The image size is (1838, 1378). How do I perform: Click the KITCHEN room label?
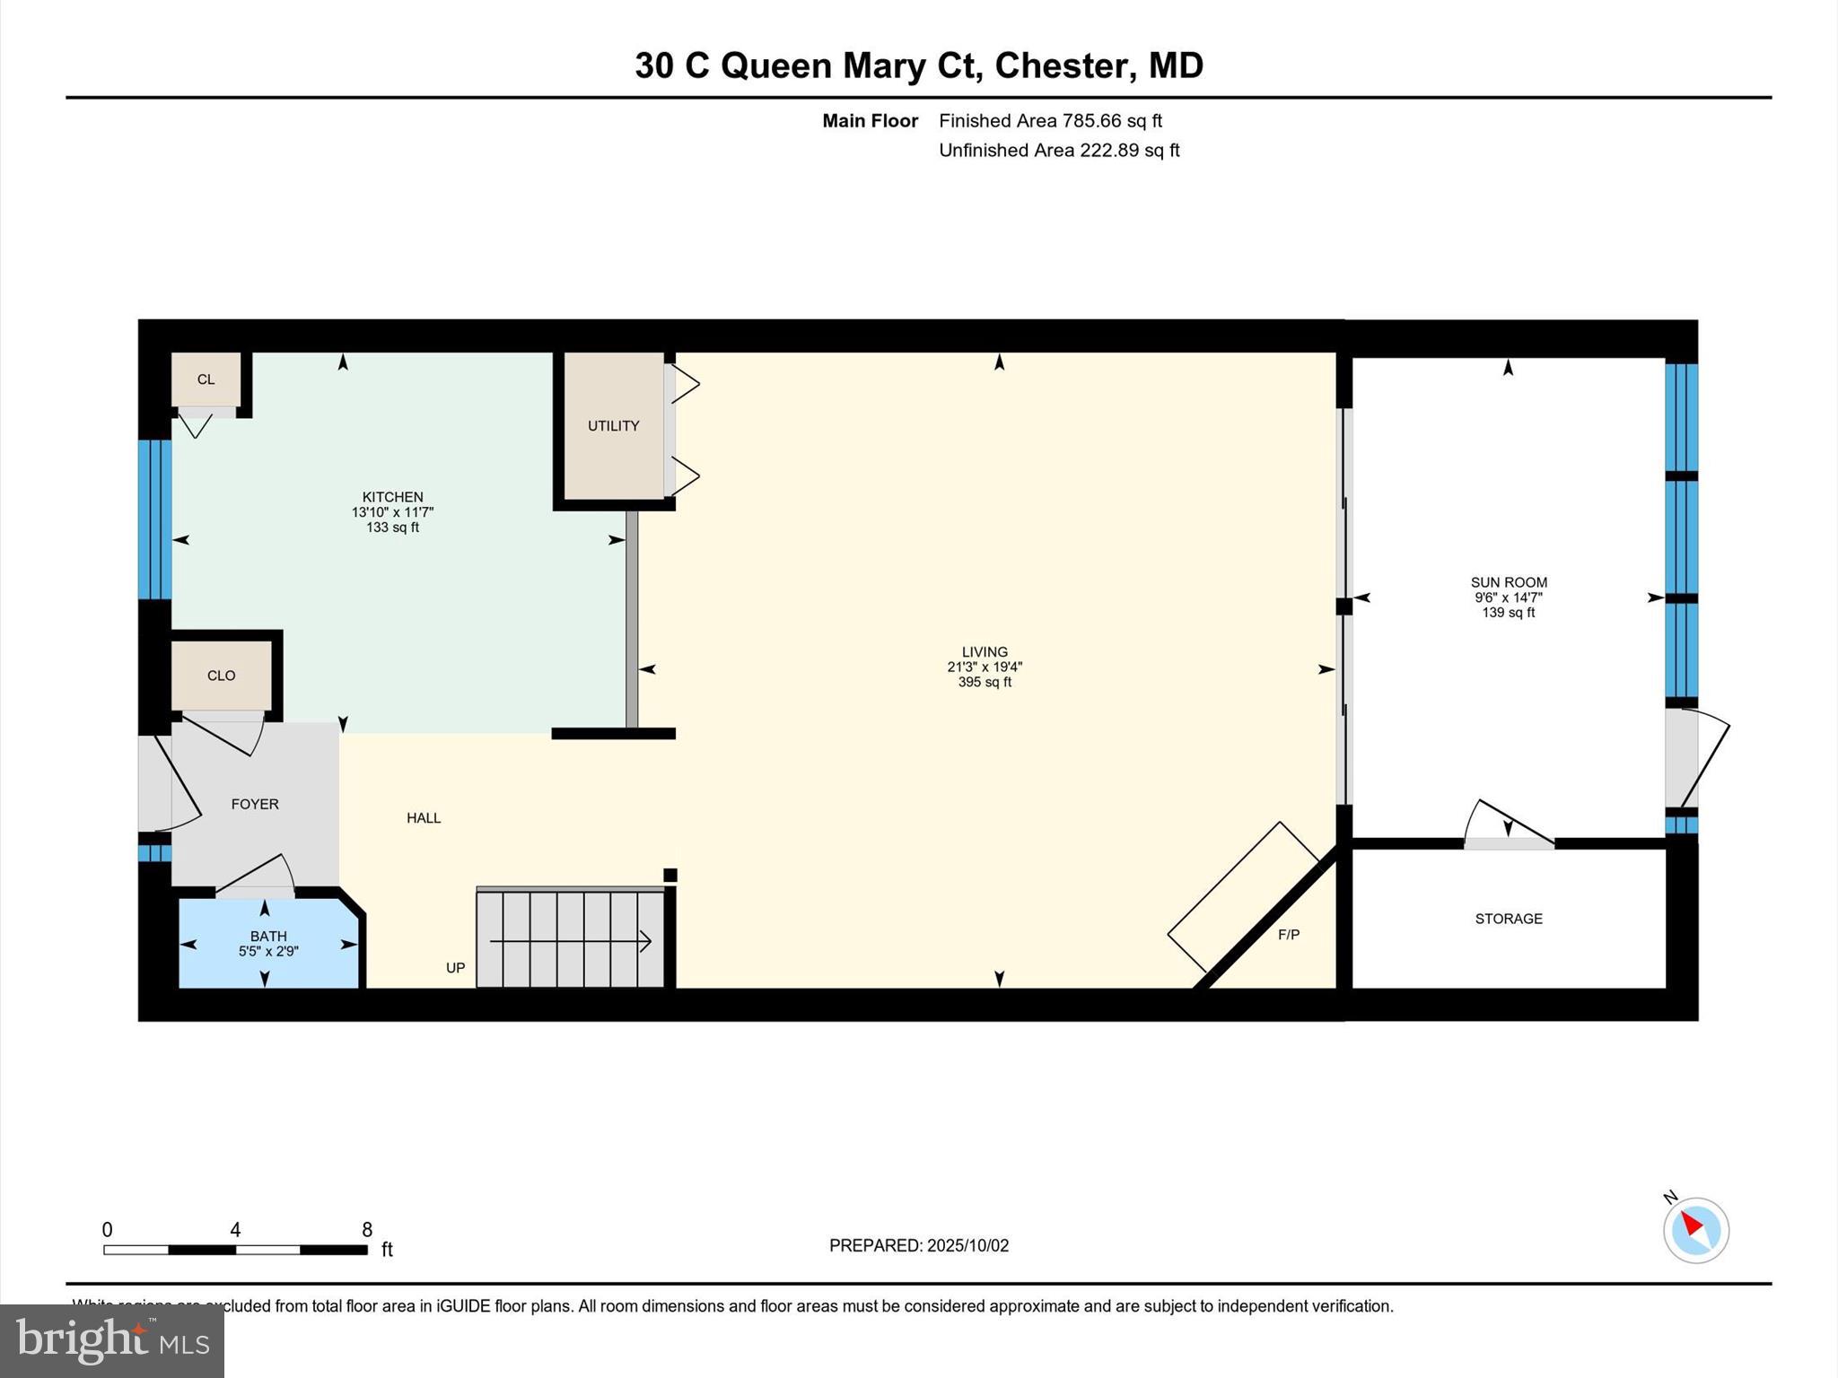(x=392, y=497)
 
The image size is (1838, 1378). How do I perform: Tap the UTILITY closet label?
(x=614, y=426)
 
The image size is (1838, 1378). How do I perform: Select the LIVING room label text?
(x=985, y=652)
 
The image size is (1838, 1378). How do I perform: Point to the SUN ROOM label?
(x=1509, y=582)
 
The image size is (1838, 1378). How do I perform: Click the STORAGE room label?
(x=1509, y=919)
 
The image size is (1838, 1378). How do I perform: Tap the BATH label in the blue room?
(x=268, y=937)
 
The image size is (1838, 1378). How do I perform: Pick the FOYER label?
(x=255, y=804)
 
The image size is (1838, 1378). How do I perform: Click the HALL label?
(x=424, y=818)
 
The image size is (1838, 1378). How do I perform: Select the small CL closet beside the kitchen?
(x=206, y=379)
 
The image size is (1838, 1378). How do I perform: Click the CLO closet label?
(x=221, y=676)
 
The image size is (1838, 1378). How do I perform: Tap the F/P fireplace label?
(x=1289, y=935)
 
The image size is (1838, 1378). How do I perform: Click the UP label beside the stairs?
(x=456, y=968)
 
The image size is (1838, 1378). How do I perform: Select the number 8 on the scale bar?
(x=367, y=1230)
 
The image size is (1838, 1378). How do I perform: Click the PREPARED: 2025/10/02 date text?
(x=919, y=1245)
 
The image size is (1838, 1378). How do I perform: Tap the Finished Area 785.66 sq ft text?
(x=1050, y=120)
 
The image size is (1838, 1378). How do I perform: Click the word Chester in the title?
(x=1061, y=65)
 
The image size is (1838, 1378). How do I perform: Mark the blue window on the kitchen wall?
(x=154, y=519)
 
